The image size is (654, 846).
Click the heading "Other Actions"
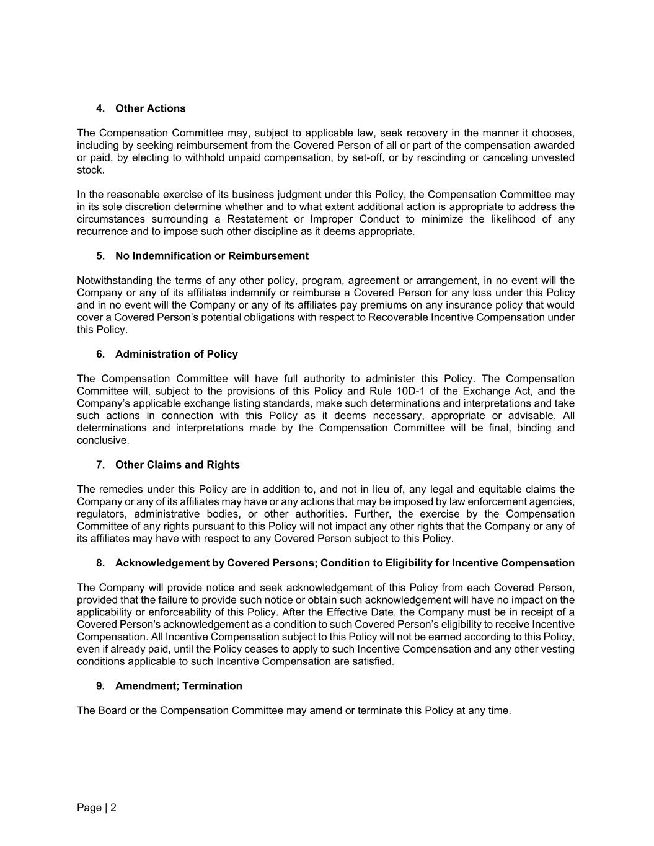click(x=150, y=108)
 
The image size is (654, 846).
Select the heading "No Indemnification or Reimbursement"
click(x=211, y=256)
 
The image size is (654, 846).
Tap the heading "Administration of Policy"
click(x=176, y=354)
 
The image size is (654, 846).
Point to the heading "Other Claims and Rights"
click(x=177, y=465)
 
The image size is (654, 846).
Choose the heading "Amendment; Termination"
click(x=179, y=685)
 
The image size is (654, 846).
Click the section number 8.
click(x=100, y=563)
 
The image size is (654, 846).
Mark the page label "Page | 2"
click(x=97, y=808)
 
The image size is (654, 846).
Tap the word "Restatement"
click(x=257, y=219)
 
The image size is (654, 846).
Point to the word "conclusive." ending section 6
click(x=103, y=440)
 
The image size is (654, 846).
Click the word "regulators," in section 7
click(x=101, y=514)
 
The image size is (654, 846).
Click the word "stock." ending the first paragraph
click(x=91, y=170)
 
